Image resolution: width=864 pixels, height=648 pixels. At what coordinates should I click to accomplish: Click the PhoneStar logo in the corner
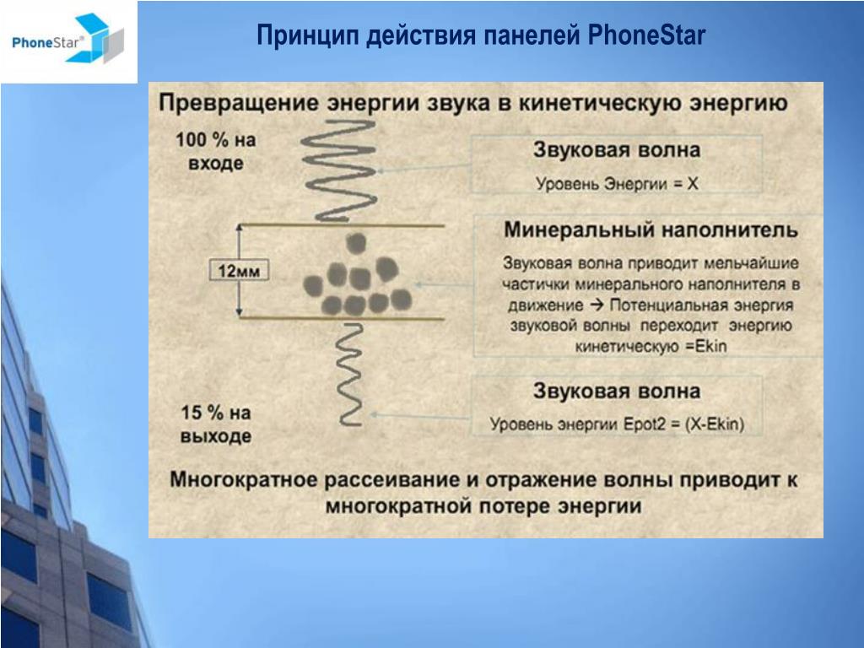(68, 39)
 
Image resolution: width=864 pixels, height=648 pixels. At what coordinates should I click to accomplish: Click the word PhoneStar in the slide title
(646, 35)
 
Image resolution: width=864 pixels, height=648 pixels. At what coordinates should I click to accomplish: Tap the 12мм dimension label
(239, 271)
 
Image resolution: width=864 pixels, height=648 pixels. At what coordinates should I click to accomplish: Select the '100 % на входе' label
(216, 151)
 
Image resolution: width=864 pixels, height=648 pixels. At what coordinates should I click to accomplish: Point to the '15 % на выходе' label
(216, 424)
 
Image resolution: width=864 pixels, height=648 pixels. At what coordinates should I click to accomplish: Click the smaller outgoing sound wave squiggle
(350, 375)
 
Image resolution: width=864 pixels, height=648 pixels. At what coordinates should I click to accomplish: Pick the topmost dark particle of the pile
(357, 242)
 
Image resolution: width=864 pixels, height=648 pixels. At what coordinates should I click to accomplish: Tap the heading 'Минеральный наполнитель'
(651, 229)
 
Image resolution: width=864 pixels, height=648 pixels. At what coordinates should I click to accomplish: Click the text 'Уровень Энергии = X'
(617, 183)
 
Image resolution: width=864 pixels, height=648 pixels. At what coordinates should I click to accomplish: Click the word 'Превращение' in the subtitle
(239, 103)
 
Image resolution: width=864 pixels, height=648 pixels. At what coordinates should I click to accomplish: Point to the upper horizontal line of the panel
(341, 224)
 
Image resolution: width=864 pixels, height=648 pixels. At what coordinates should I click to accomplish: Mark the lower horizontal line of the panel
(341, 318)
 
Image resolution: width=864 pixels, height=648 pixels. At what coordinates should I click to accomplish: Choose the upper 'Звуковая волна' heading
(617, 150)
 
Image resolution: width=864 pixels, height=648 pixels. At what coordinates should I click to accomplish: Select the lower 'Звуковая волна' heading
(617, 391)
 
